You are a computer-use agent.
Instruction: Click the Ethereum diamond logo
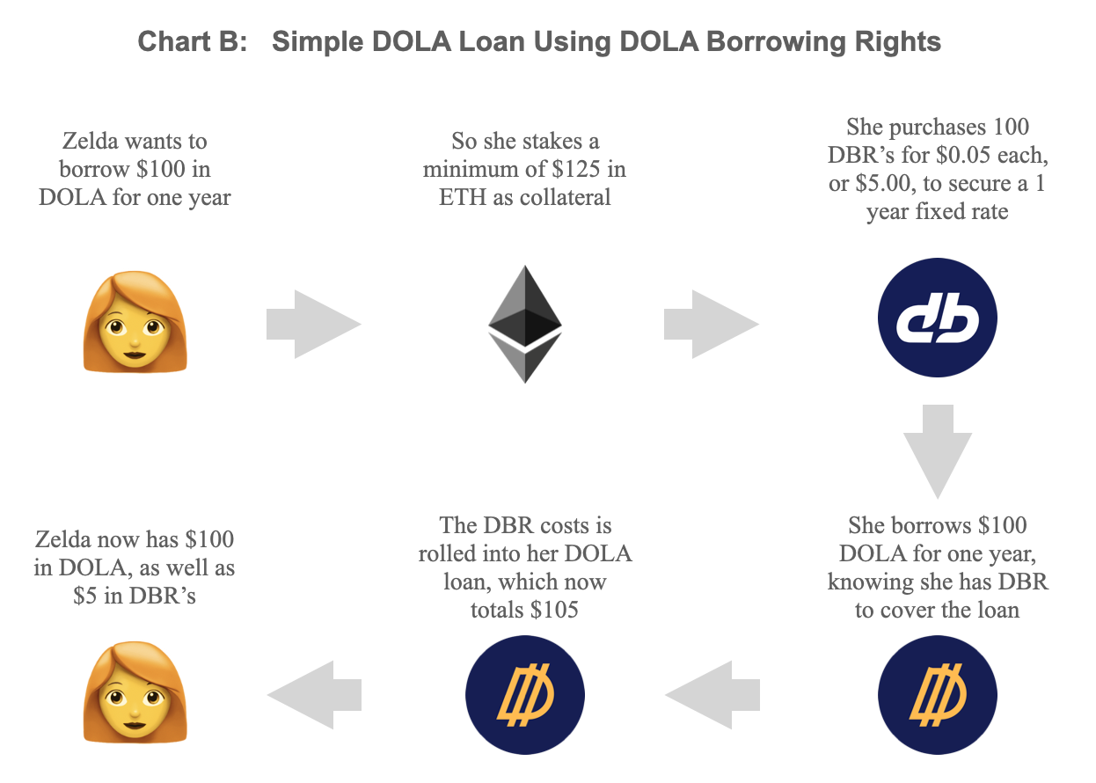coord(524,324)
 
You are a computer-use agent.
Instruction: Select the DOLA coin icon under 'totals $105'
coord(524,695)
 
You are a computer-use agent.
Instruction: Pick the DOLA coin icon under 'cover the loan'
coord(938,695)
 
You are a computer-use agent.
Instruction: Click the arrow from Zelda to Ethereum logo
coord(314,324)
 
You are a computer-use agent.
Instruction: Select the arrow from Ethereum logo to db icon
coord(712,324)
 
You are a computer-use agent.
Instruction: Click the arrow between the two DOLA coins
coord(712,696)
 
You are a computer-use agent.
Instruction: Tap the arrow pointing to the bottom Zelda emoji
coord(314,696)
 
